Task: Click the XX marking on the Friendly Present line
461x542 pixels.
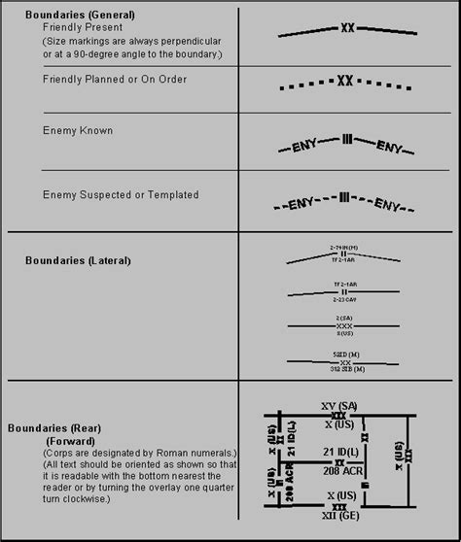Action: tap(347, 28)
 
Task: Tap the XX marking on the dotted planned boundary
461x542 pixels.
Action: tap(344, 81)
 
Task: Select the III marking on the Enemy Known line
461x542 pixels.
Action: tap(346, 140)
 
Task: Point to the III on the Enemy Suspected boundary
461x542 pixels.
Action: tap(343, 198)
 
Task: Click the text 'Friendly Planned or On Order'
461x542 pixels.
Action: tap(115, 79)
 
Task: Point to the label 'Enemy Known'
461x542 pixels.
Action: tap(78, 130)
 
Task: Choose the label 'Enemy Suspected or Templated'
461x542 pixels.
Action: tap(121, 195)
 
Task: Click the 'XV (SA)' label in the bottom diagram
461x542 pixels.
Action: tap(339, 405)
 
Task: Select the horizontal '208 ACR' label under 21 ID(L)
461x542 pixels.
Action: tap(339, 470)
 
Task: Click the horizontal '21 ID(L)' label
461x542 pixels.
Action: tap(339, 453)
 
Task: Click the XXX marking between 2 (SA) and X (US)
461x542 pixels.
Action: tap(343, 325)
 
